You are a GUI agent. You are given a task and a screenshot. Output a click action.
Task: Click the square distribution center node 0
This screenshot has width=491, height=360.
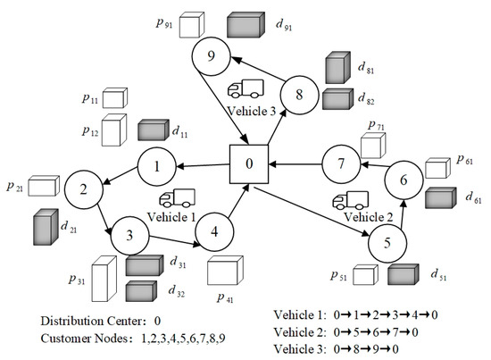[x=250, y=164]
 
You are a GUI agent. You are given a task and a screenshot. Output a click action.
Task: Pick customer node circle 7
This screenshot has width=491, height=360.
[x=340, y=163]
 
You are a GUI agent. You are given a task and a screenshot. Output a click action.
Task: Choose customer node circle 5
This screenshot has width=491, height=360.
[x=387, y=241]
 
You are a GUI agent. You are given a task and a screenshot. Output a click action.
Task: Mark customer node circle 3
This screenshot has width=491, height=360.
[x=130, y=237]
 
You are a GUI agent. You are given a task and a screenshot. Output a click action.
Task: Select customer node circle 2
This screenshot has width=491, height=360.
[x=82, y=189]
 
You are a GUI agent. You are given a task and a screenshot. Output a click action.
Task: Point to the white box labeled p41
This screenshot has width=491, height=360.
[x=225, y=271]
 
